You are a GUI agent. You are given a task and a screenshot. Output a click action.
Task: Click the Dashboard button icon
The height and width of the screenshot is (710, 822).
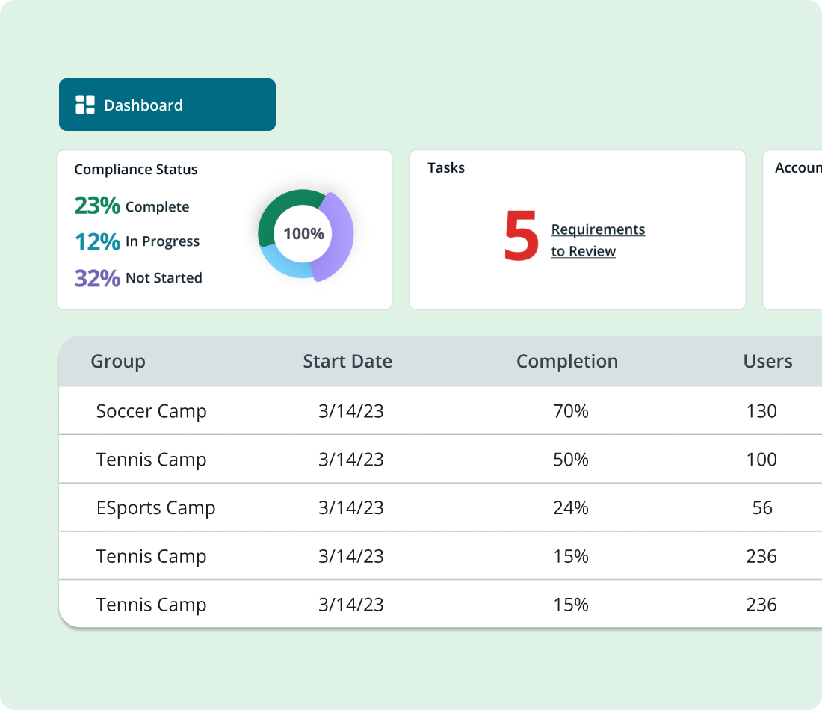pyautogui.click(x=85, y=105)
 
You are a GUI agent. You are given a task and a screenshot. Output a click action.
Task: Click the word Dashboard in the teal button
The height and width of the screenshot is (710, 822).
pyautogui.click(x=143, y=105)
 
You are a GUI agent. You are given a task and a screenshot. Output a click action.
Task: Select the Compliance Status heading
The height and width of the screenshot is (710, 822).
pyautogui.click(x=136, y=170)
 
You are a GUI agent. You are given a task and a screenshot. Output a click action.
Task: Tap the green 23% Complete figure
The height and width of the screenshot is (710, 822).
pyautogui.click(x=97, y=206)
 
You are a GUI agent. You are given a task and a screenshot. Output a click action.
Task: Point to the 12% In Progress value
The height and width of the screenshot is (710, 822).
pyautogui.click(x=97, y=241)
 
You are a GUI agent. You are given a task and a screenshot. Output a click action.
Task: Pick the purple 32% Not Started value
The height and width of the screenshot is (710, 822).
pyautogui.click(x=97, y=277)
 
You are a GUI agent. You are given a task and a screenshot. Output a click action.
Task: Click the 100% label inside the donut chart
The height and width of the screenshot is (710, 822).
pyautogui.click(x=303, y=234)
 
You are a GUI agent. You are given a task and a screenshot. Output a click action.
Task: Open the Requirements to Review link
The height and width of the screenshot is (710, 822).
pyautogui.click(x=598, y=240)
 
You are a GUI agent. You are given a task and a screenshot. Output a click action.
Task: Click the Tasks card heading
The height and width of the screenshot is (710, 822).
pyautogui.click(x=446, y=168)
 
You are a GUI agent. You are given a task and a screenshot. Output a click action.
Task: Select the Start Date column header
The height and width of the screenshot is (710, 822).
pyautogui.click(x=347, y=362)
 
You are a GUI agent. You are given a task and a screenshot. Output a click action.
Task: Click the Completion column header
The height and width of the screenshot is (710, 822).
pyautogui.click(x=567, y=362)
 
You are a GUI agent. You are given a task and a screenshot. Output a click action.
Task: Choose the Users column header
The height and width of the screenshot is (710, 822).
pyautogui.click(x=767, y=362)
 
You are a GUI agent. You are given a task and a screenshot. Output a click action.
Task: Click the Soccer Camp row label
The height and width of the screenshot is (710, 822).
pyautogui.click(x=151, y=411)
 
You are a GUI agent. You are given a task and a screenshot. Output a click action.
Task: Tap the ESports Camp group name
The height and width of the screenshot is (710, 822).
pyautogui.click(x=155, y=508)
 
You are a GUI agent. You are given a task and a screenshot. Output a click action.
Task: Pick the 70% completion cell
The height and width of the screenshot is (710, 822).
pyautogui.click(x=571, y=411)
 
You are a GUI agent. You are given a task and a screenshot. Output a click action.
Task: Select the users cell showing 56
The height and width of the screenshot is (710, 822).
pyautogui.click(x=762, y=508)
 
